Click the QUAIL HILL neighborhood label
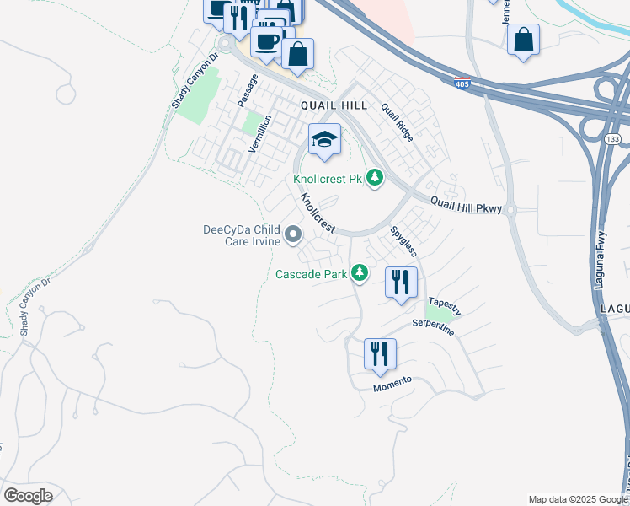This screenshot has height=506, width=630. tap(334, 105)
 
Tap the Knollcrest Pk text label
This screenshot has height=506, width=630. tap(327, 179)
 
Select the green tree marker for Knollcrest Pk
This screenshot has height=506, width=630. tap(375, 178)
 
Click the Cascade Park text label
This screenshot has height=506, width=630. tap(311, 274)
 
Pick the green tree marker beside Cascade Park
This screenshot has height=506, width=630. tap(360, 272)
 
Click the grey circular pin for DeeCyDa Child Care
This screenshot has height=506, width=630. tap(293, 234)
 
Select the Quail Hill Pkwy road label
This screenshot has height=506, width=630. tap(466, 204)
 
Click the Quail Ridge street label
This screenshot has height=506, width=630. tap(397, 121)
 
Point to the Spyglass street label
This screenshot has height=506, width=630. tap(403, 241)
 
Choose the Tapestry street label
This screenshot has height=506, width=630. tap(445, 305)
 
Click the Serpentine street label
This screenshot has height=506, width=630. tap(434, 327)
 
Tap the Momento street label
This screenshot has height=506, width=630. tap(392, 383)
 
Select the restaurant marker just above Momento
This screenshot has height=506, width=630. tap(380, 354)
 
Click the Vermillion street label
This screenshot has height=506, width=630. tap(260, 133)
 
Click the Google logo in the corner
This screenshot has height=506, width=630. tap(28, 496)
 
